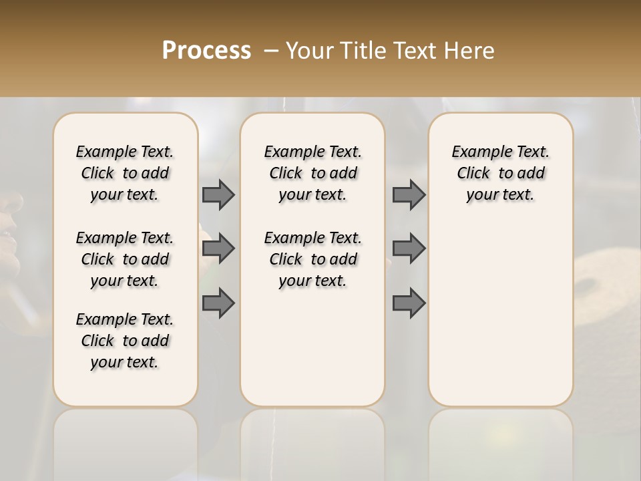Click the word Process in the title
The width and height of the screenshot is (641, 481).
206,51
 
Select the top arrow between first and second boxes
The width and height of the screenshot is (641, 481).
218,194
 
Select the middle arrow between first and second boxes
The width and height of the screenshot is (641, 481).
218,249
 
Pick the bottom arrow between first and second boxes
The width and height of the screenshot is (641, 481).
218,303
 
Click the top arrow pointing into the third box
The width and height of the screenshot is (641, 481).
409,194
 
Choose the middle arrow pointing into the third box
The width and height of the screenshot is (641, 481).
409,249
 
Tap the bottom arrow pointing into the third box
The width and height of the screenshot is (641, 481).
409,303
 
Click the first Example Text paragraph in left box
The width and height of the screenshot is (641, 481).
125,173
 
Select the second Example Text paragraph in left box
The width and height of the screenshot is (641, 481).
125,259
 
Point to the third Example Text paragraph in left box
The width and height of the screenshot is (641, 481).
125,341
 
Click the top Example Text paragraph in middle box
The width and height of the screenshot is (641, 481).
312,173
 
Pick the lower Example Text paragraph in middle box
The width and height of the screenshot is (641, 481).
312,259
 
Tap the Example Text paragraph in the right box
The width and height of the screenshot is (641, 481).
500,173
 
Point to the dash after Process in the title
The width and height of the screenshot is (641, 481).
270,51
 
